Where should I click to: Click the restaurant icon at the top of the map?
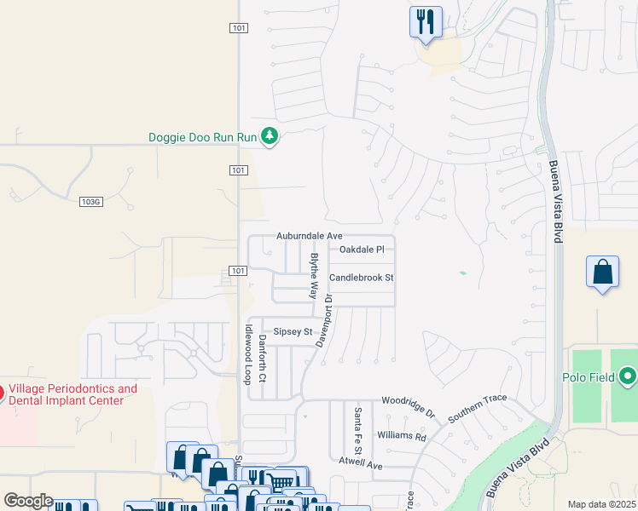426,21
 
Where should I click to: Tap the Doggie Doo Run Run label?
202,137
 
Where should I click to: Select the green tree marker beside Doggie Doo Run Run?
270,136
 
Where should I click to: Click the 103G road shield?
90,202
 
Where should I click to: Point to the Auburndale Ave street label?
309,235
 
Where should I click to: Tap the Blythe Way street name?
314,274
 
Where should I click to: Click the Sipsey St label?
293,332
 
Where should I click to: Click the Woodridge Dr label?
408,405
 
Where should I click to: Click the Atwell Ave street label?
362,464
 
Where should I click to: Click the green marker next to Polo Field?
629,376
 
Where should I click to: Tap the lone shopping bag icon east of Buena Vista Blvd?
602,273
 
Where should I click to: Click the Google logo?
28,501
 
